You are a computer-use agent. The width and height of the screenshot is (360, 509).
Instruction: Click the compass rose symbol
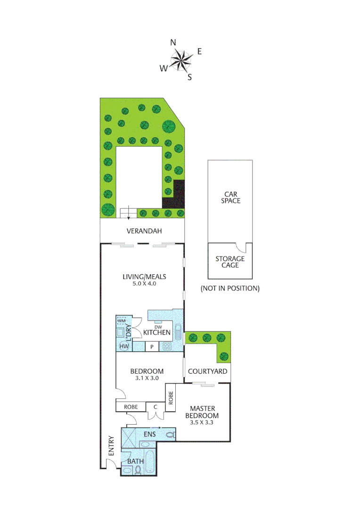181,59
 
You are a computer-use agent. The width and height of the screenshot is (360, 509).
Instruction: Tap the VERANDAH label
144,231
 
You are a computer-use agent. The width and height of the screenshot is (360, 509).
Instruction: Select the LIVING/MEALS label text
144,277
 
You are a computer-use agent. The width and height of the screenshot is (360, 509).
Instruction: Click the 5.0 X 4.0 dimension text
144,284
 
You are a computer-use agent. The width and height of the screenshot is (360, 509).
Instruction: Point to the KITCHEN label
156,333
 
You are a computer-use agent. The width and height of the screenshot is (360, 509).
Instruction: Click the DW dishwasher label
158,326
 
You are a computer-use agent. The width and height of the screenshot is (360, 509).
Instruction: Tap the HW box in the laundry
124,347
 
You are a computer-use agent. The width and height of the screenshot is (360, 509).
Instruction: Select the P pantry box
152,347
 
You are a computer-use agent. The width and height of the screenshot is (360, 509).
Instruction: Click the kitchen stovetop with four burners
166,347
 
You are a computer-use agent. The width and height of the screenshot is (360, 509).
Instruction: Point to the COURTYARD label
207,371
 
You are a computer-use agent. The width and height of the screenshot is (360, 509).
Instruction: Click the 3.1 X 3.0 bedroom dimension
147,378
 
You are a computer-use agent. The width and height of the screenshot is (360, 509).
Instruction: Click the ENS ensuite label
150,434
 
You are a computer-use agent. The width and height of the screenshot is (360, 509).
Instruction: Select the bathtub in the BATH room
149,463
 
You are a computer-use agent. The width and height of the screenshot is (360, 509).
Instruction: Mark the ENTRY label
111,445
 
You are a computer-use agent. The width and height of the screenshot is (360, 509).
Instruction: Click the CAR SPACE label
232,197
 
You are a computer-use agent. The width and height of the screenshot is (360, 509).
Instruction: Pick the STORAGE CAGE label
230,262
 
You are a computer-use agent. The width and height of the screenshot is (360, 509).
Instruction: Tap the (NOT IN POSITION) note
230,288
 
